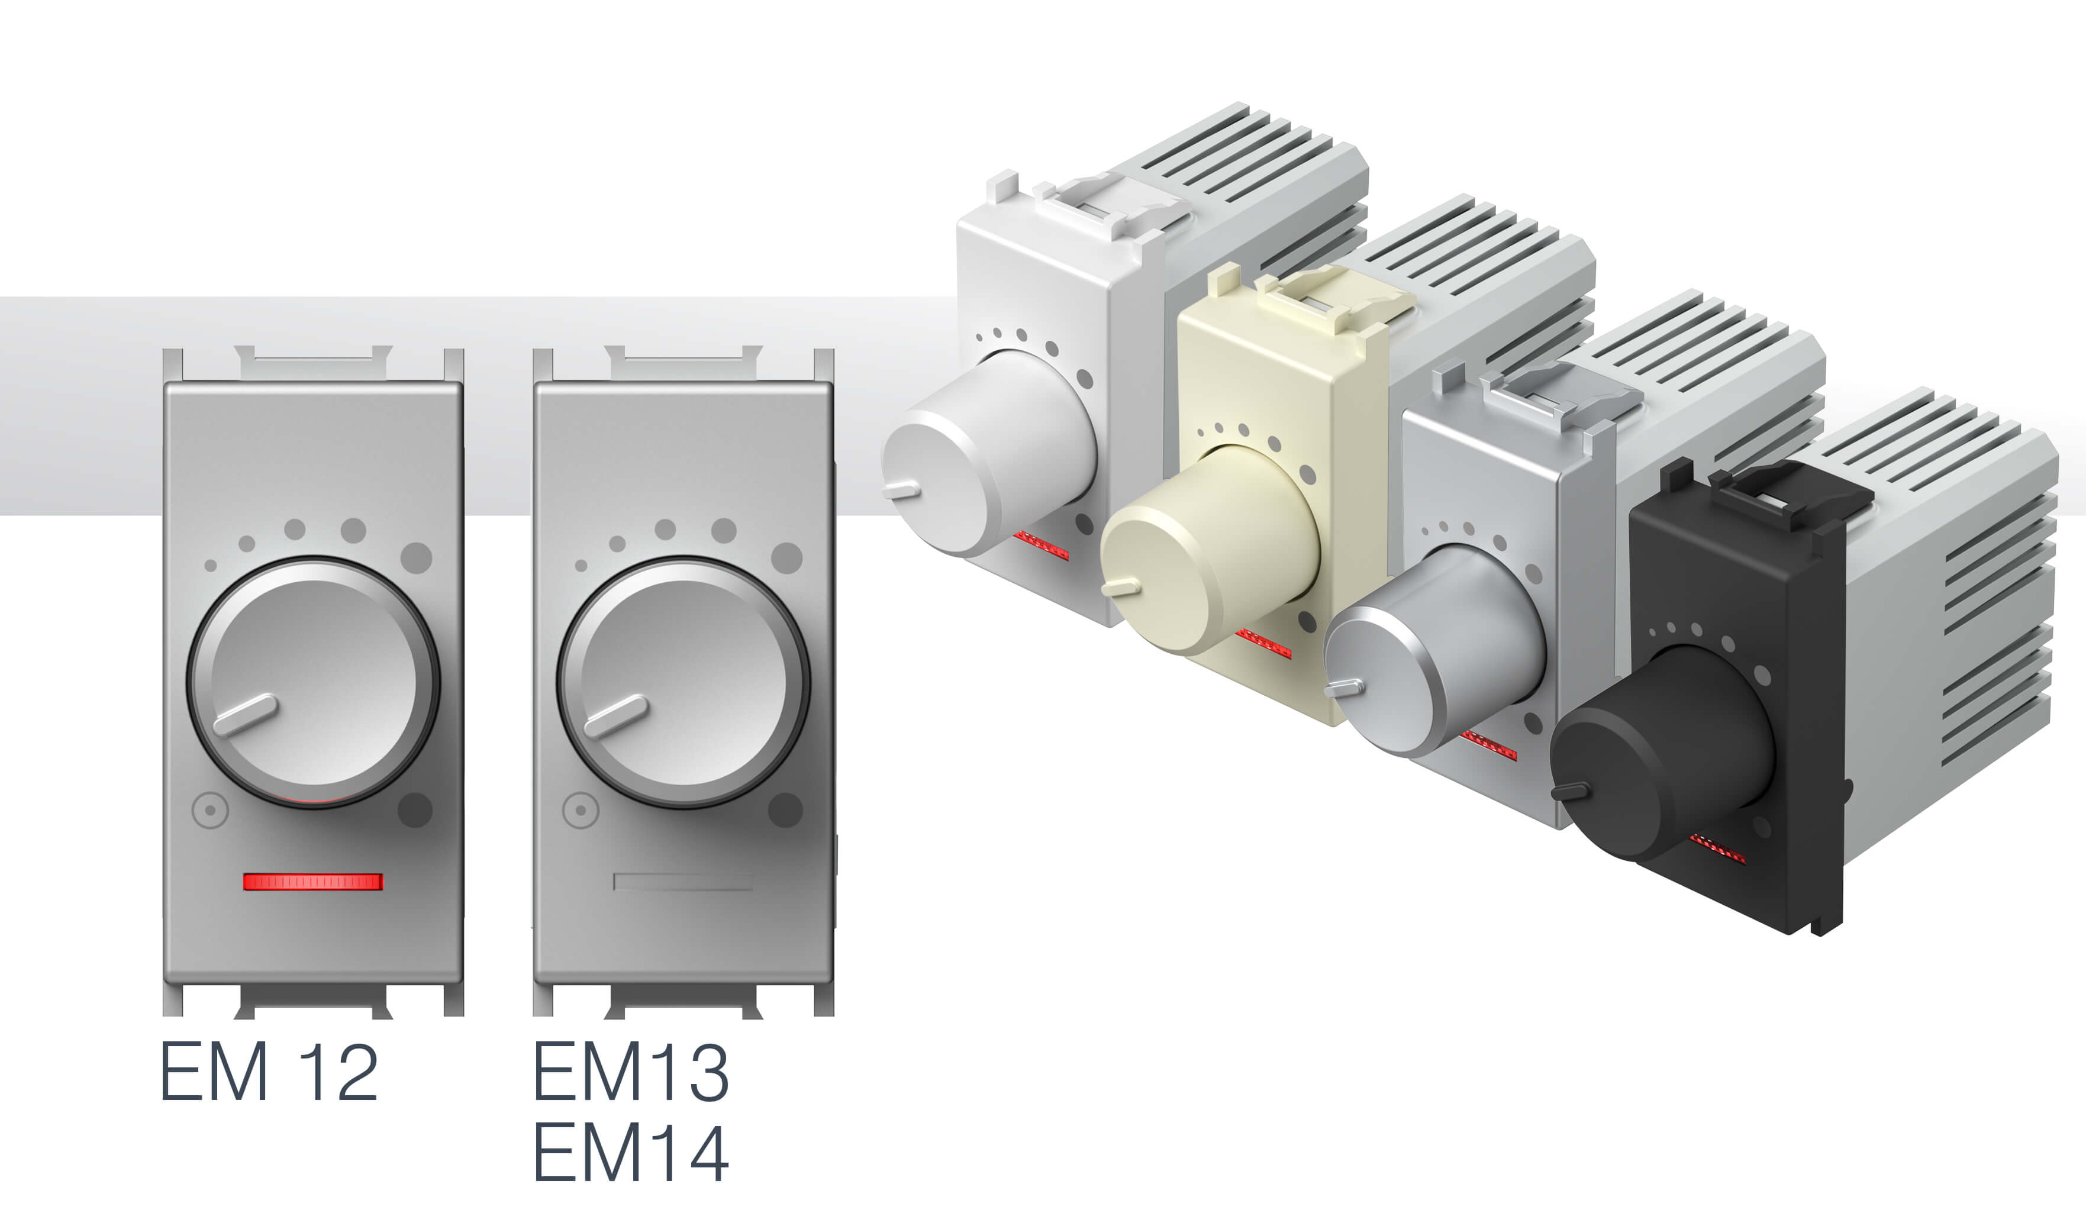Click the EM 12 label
269,1071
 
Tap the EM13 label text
631,1071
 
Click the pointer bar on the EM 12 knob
245,715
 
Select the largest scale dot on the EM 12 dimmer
417,558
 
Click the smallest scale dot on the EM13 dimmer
581,565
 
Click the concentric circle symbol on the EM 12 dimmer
210,811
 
